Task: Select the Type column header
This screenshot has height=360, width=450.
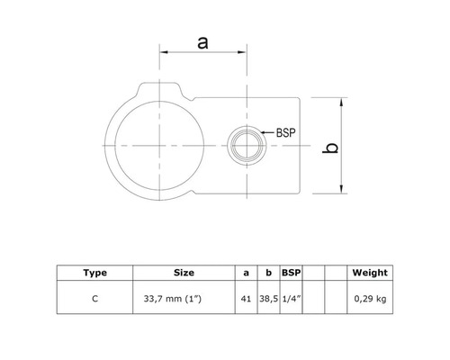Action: click(94, 272)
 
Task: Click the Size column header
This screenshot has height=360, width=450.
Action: click(184, 272)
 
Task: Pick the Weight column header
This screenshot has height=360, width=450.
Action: click(370, 272)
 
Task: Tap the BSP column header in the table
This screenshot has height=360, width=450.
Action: click(291, 272)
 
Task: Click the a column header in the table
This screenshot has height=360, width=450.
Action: click(247, 272)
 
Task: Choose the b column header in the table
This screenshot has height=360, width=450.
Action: click(268, 272)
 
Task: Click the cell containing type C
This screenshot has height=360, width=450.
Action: click(94, 297)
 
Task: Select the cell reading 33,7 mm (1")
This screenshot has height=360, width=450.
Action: click(184, 297)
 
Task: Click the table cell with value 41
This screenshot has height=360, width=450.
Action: click(247, 297)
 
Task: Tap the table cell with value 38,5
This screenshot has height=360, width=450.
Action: click(268, 297)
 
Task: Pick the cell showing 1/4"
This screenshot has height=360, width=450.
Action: click(291, 297)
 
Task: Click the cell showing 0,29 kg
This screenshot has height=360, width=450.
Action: click(370, 297)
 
